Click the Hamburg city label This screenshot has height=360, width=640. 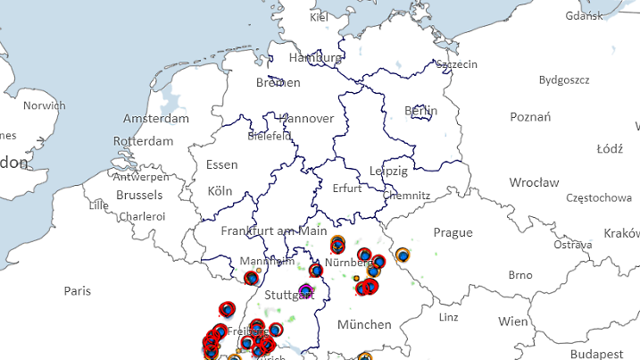point(314,58)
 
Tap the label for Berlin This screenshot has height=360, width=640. point(420,111)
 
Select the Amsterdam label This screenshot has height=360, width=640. point(156,119)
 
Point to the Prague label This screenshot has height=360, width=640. point(453,232)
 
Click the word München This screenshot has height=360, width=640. point(365,324)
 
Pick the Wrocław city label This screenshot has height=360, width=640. point(534,182)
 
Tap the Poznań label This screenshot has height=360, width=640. point(530,117)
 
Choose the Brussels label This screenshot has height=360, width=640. point(139,195)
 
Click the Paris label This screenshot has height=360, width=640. point(78,291)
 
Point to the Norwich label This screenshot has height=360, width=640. point(44,105)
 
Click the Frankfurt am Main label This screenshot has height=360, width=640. point(274,230)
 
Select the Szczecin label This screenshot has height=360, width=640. point(456,64)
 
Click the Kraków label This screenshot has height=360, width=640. point(621,233)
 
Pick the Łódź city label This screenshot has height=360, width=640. point(609,148)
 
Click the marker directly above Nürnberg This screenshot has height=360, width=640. point(337,244)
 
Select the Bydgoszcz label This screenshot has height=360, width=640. point(564,80)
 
